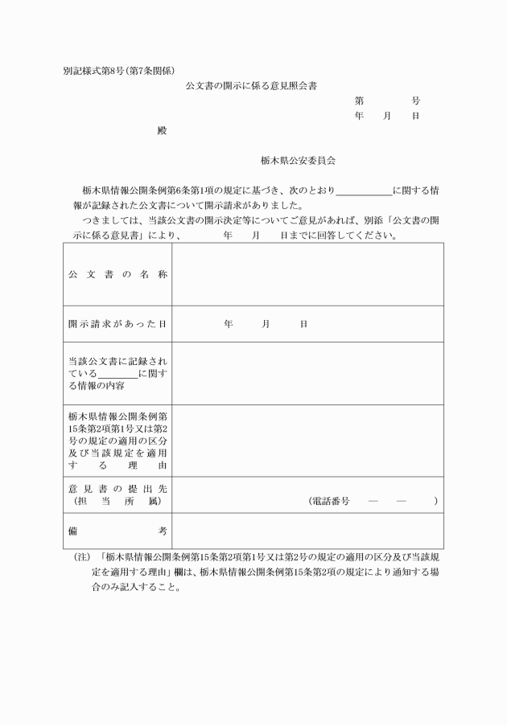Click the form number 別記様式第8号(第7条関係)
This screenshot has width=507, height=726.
click(x=118, y=70)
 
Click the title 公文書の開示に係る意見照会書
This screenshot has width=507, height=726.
click(x=256, y=85)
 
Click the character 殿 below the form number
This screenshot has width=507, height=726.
click(x=162, y=130)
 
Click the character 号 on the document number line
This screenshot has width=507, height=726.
click(x=415, y=101)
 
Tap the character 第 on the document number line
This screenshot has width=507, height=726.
click(x=359, y=101)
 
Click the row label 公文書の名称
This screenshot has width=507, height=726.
click(x=117, y=274)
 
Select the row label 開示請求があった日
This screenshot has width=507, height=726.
click(x=117, y=324)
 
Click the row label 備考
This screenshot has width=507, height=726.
click(x=117, y=531)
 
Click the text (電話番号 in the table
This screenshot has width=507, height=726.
click(x=329, y=501)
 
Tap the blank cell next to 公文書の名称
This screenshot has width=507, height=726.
click(x=307, y=274)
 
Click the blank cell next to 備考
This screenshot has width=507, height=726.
click(x=307, y=531)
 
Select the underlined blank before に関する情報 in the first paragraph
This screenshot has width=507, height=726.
click(x=363, y=191)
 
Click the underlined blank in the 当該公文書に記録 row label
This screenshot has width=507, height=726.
click(x=117, y=374)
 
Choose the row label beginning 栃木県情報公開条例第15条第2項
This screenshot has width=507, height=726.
click(x=117, y=441)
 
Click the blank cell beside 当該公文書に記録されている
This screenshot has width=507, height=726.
click(x=307, y=374)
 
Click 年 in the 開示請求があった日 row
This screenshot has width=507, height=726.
click(x=229, y=324)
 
